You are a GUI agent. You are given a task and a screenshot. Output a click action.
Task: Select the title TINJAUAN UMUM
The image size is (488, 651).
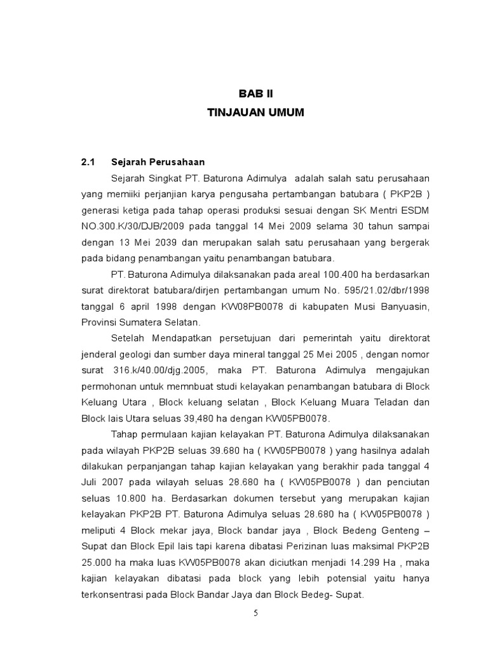255,113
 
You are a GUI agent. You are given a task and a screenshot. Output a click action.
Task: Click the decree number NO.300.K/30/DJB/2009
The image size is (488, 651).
131,227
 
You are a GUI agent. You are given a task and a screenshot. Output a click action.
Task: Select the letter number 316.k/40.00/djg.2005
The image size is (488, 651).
158,370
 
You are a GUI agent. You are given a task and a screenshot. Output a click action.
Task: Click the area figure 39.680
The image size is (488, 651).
208,451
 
